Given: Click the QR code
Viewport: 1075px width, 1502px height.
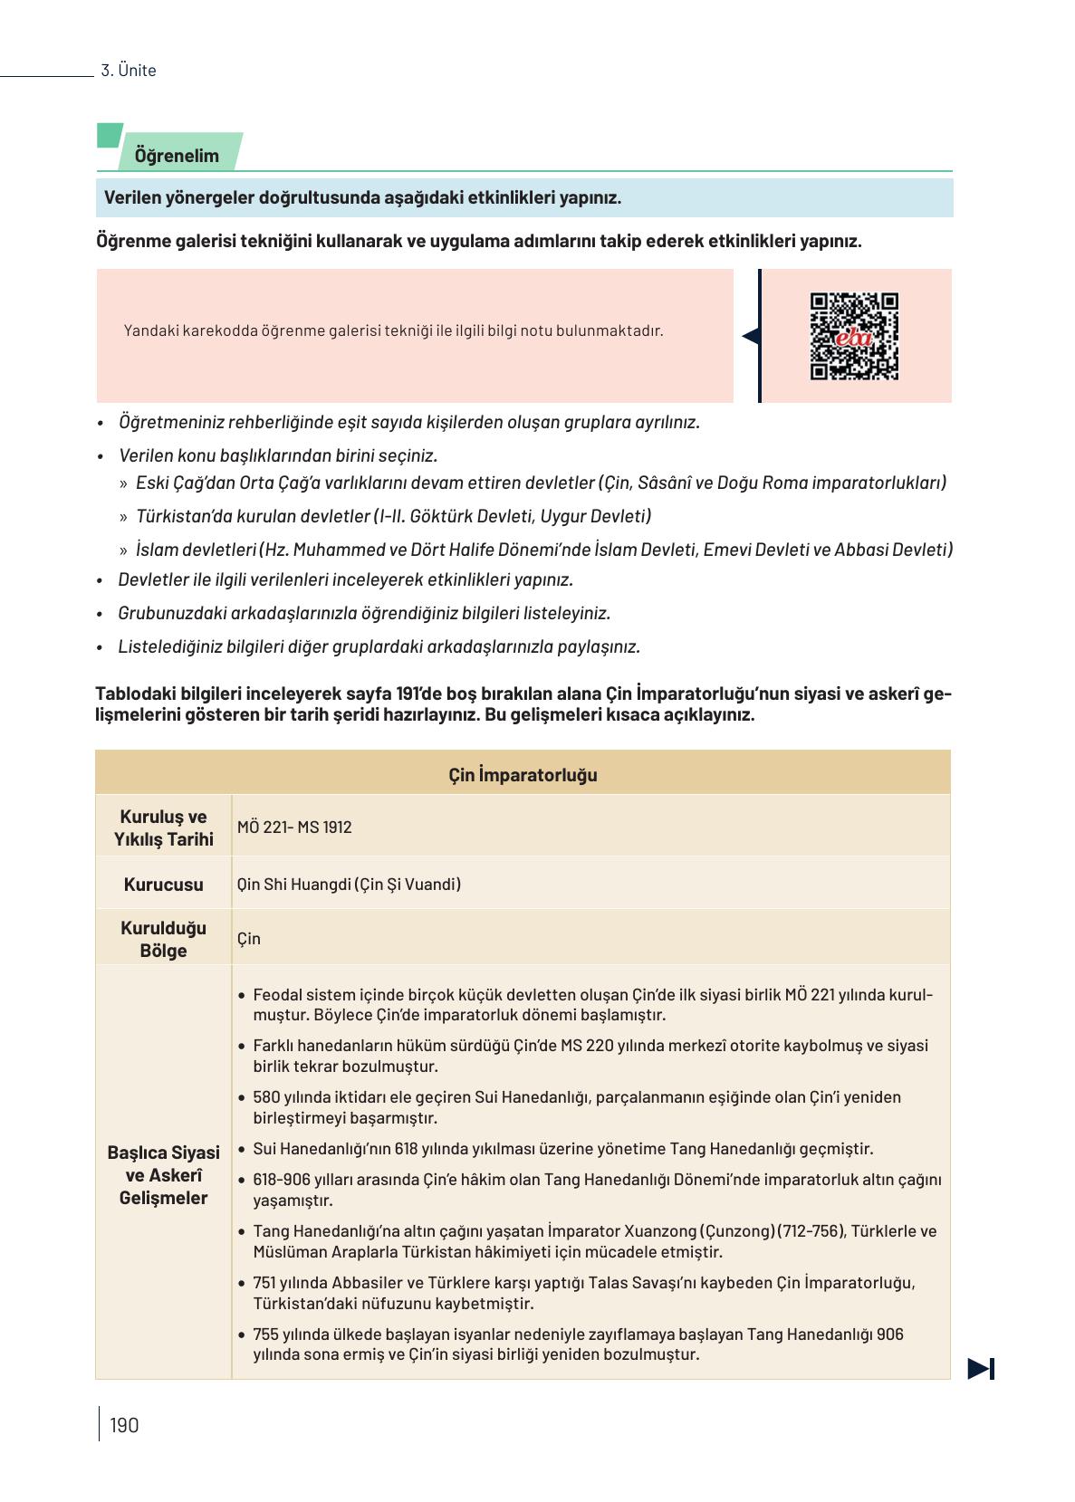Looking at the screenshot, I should [853, 336].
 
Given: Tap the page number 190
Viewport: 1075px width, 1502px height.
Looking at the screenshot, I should [124, 1425].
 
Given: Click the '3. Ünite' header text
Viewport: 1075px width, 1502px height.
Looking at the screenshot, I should [129, 71].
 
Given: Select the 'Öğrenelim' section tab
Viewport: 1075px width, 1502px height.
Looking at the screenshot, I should [178, 156].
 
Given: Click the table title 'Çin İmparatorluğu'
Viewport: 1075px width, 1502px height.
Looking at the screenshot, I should [523, 775].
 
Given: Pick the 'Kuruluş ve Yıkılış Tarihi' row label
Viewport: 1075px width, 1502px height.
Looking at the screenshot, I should [164, 828].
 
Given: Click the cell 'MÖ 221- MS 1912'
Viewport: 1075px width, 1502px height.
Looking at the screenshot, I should [294, 828].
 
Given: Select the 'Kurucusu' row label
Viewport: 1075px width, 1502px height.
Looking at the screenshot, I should [164, 885].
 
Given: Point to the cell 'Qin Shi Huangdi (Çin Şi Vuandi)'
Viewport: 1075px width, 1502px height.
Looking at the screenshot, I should [349, 885].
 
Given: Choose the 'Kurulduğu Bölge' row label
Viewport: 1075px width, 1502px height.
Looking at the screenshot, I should [164, 939].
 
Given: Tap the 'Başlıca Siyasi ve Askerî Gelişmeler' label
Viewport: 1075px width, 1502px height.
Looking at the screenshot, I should [164, 1175].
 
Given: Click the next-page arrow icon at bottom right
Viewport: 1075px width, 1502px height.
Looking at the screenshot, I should [981, 1369].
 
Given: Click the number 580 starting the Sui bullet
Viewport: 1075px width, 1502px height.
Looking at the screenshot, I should [267, 1097].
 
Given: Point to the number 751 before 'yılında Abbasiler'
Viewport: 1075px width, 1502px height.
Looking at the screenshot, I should [266, 1283].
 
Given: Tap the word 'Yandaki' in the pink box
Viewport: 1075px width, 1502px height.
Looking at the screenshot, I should [150, 331].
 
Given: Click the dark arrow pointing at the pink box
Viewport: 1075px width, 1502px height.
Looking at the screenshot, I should [750, 337].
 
